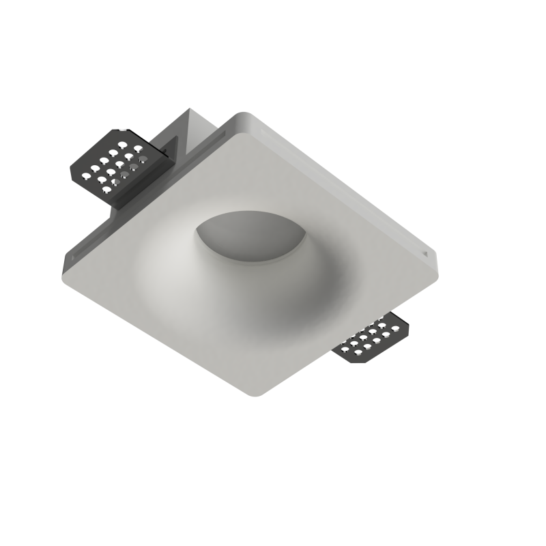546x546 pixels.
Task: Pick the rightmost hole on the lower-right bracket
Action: click(x=397, y=329)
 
